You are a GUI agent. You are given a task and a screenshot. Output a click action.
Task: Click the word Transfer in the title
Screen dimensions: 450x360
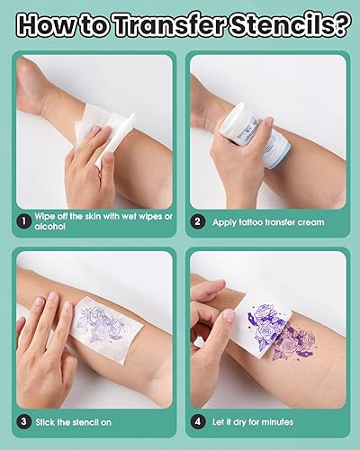click(x=167, y=24)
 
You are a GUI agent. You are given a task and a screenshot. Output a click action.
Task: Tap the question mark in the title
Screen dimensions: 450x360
click(x=341, y=24)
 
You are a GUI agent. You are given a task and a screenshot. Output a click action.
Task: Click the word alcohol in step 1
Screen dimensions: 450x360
click(x=52, y=227)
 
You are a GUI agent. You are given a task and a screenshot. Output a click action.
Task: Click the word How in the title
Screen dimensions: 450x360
click(x=49, y=24)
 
